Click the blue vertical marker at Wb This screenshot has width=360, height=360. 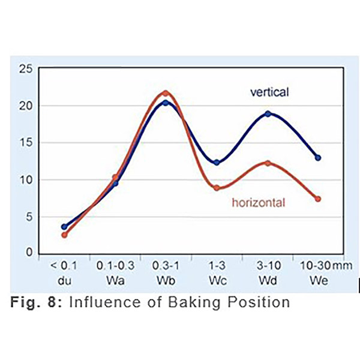pyautogui.click(x=166, y=103)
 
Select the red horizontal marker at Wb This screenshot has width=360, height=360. pyautogui.click(x=166, y=94)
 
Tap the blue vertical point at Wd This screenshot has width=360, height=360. pyautogui.click(x=268, y=113)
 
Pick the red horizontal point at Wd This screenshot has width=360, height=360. pyautogui.click(x=268, y=163)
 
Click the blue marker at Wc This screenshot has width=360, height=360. pyautogui.click(x=217, y=163)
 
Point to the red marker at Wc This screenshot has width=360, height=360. pyautogui.click(x=217, y=188)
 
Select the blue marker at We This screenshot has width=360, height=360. pyautogui.click(x=318, y=158)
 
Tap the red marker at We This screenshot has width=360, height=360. pyautogui.click(x=318, y=199)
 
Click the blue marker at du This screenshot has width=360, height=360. pyautogui.click(x=64, y=227)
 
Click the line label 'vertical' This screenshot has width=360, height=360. pyautogui.click(x=269, y=92)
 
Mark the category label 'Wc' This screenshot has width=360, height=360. pyautogui.click(x=217, y=280)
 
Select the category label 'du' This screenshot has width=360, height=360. pyautogui.click(x=64, y=280)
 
